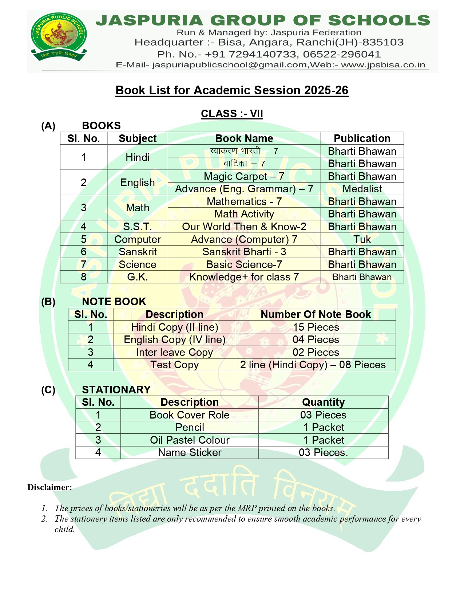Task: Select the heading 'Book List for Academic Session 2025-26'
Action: [232, 90]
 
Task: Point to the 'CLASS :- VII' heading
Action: [232, 114]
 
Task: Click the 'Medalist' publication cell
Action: [362, 189]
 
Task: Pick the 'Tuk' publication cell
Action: [362, 239]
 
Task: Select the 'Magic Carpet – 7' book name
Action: [244, 176]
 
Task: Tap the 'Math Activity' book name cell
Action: [244, 214]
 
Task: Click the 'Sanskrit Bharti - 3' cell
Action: [244, 252]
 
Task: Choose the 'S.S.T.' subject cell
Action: [137, 227]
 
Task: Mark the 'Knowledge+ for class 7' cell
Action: [244, 277]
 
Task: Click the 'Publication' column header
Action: [362, 138]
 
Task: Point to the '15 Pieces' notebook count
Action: [316, 327]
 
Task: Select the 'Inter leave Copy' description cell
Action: [174, 352]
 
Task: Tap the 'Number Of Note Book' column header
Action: [316, 314]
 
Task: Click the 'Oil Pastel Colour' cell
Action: [190, 440]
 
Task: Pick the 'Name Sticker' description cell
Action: [190, 452]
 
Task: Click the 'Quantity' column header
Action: [323, 402]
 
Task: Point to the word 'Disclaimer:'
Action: [49, 487]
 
